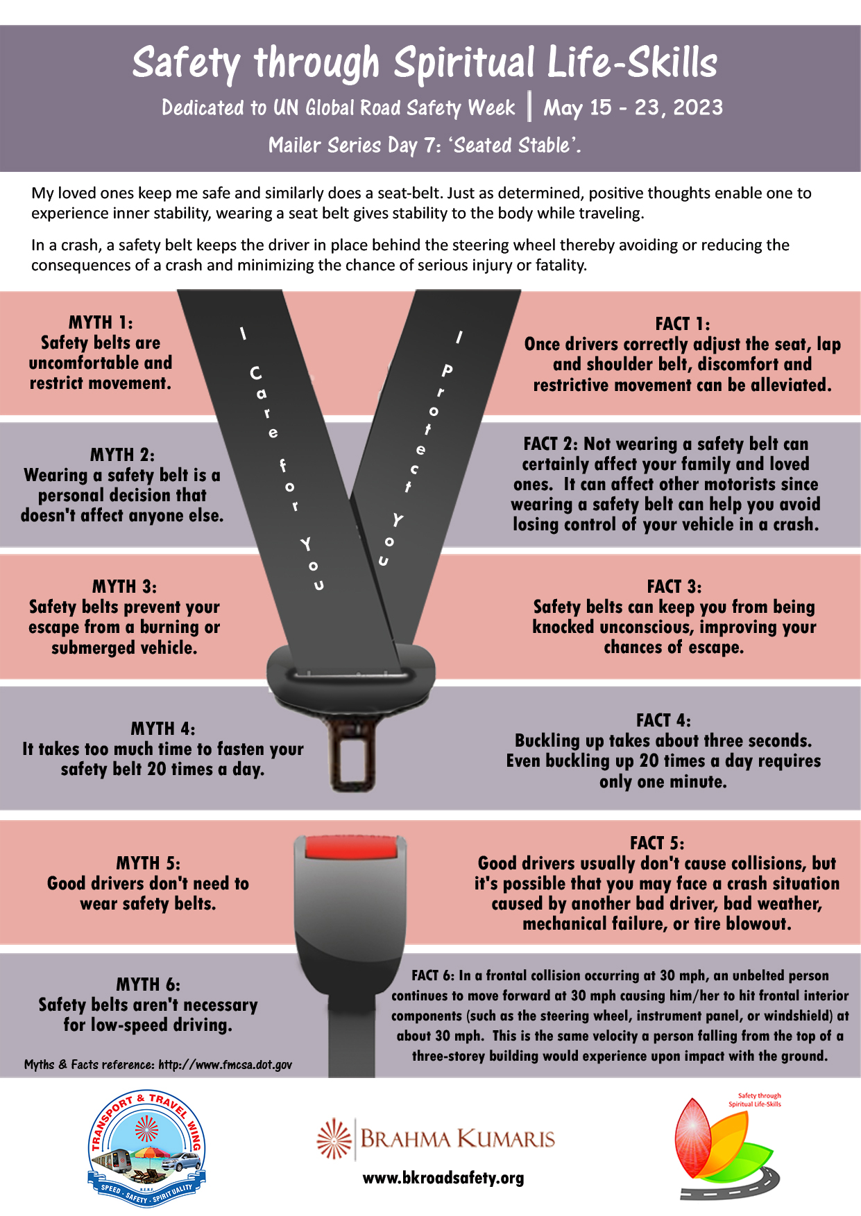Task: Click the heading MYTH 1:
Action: [101, 322]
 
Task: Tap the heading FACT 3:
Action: [674, 587]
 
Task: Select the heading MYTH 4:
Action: [163, 729]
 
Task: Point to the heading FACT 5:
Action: [657, 843]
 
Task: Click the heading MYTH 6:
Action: [148, 984]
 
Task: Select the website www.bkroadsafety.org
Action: [443, 1178]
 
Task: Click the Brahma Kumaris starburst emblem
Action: [334, 1138]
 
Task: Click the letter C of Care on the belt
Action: [256, 374]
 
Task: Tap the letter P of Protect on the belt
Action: [447, 370]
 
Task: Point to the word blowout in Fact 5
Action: [758, 924]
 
